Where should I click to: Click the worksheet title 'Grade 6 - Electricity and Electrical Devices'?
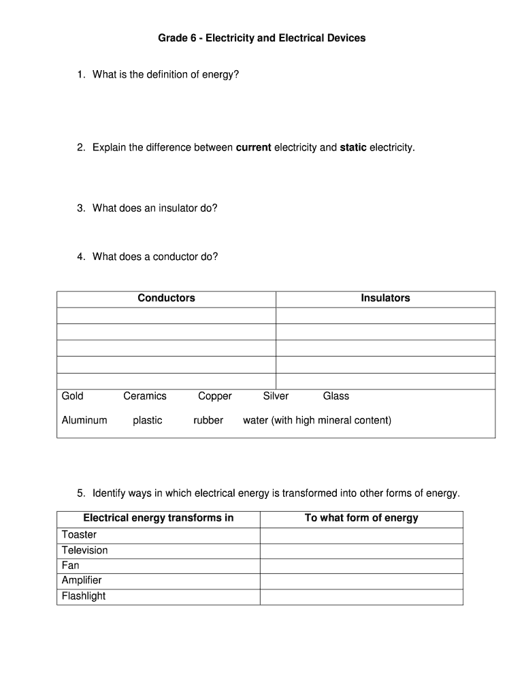pos(261,38)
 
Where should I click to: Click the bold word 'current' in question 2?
pos(253,148)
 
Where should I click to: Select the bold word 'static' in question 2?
pos(353,148)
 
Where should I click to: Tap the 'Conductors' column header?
pos(166,298)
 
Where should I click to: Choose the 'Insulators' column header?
pos(385,298)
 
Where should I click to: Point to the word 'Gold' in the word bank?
pos(73,396)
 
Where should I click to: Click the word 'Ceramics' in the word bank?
pos(144,396)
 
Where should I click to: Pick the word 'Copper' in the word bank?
pos(215,396)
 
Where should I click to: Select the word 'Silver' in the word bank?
pos(276,396)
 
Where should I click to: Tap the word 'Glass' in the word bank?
pos(335,396)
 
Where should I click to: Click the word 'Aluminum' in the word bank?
pos(84,421)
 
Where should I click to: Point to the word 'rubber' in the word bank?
pos(208,421)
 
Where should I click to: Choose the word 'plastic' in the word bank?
pos(148,421)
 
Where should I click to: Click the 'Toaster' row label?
pos(79,535)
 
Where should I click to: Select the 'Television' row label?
pos(84,550)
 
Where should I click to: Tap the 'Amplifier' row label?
pos(82,581)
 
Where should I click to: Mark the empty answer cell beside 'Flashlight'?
pos(361,596)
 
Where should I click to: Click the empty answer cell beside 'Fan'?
pos(361,566)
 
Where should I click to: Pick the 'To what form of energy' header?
pos(361,518)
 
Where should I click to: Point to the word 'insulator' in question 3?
pos(178,208)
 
